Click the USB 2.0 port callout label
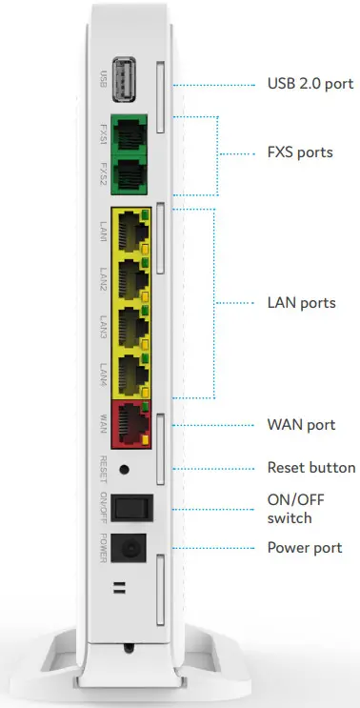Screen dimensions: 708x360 (x=310, y=84)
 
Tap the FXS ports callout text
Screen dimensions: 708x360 (x=300, y=152)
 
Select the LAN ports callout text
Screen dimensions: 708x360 (x=301, y=303)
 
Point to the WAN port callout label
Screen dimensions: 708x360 (x=301, y=424)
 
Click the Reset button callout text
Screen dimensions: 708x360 (x=311, y=468)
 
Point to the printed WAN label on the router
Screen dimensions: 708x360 (x=103, y=425)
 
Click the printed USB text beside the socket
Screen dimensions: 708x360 (x=103, y=79)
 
